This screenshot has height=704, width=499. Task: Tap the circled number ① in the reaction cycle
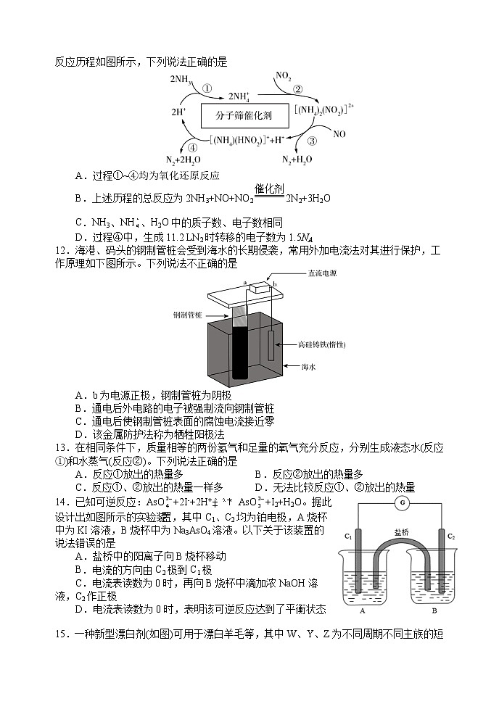pos(207,88)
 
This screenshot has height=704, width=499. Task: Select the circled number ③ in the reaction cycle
pos(313,141)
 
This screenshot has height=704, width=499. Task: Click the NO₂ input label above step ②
pos(284,75)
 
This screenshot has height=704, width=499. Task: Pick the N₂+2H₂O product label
pos(183,160)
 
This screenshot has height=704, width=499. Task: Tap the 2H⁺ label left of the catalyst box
pos(178,112)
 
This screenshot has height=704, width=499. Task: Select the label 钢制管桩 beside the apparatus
pos(188,315)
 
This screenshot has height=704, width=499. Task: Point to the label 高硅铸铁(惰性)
pos(321,344)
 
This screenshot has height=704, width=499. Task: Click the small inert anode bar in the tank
pos(271,345)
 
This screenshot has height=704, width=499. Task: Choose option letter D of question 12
pos(79,434)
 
